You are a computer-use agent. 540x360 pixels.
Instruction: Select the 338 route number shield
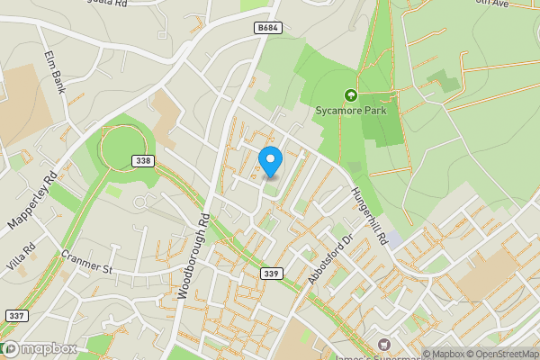(x=140, y=160)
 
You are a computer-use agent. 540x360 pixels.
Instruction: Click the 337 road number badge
(x=15, y=315)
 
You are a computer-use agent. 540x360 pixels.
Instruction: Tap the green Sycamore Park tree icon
(x=350, y=94)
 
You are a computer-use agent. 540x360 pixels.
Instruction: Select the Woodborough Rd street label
(x=193, y=257)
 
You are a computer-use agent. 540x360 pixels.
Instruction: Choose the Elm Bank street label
(x=56, y=72)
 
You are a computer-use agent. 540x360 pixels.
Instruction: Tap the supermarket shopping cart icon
(x=385, y=344)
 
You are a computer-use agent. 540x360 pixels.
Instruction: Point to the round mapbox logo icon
(x=10, y=348)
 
